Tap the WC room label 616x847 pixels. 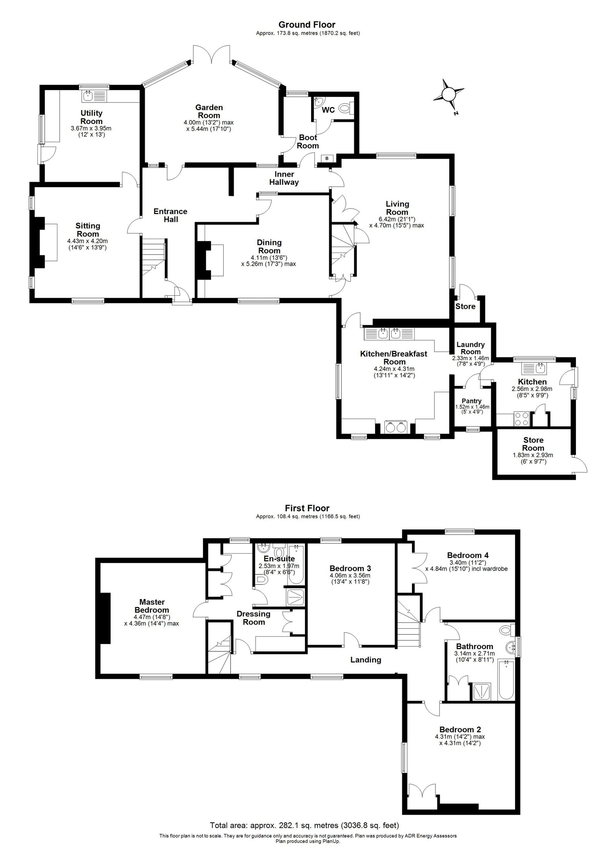pos(328,110)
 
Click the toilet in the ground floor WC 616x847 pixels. pos(346,109)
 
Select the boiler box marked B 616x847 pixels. pos(327,158)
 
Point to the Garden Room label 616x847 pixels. pos(209,111)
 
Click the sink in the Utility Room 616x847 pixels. pos(88,95)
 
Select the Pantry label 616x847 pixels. pos(472,401)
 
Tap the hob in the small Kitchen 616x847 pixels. pos(522,419)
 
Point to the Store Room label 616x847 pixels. pos(533,444)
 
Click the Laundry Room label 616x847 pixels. pos(471,348)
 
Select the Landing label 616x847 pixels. pos(365,660)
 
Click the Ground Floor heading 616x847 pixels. pos(308,25)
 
